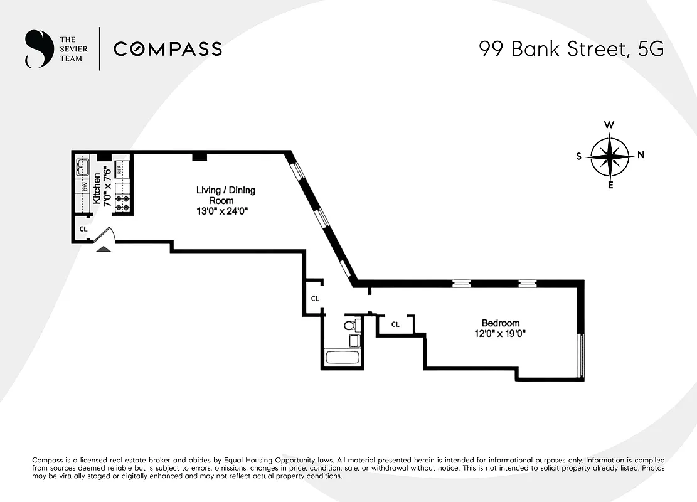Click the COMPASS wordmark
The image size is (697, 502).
pos(168,49)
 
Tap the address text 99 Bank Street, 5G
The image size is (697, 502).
pos(571,49)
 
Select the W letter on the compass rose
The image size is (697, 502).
pos(609,125)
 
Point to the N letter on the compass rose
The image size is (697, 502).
pos(641,156)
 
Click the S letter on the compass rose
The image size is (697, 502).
pos(578,156)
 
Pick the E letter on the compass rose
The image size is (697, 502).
pos(610,185)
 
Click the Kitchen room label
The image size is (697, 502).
pos(97,190)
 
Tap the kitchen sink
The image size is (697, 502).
pos(83,168)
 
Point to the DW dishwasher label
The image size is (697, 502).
pos(83,187)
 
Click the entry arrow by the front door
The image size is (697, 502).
pos(104,248)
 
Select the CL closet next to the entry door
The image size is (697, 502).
pos(83,229)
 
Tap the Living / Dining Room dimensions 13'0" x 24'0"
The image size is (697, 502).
pos(223,211)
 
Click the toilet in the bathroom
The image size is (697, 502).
pos(352,325)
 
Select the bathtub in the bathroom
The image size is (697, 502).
pos(343,358)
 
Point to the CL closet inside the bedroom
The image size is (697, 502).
pos(395,324)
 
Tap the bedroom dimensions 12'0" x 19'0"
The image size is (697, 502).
pos(499,334)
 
